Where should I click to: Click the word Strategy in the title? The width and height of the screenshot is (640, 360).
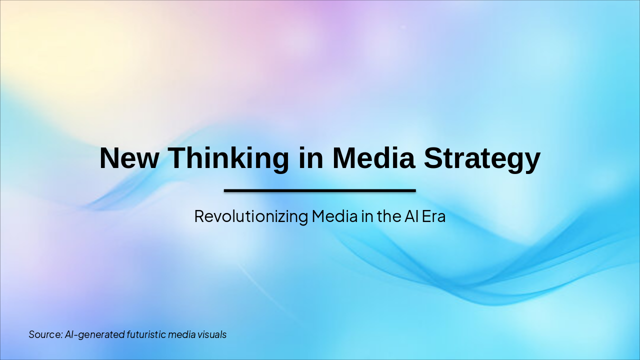(x=482, y=159)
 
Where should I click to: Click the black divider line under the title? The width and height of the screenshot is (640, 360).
(x=320, y=190)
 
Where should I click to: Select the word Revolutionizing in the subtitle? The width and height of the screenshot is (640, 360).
(x=251, y=216)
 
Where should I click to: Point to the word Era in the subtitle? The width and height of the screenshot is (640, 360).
(x=433, y=216)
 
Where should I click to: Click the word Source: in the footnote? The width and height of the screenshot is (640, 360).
(x=45, y=334)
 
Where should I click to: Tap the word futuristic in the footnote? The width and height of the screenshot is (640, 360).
(x=146, y=334)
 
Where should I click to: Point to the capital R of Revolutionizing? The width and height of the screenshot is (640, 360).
(x=199, y=216)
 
